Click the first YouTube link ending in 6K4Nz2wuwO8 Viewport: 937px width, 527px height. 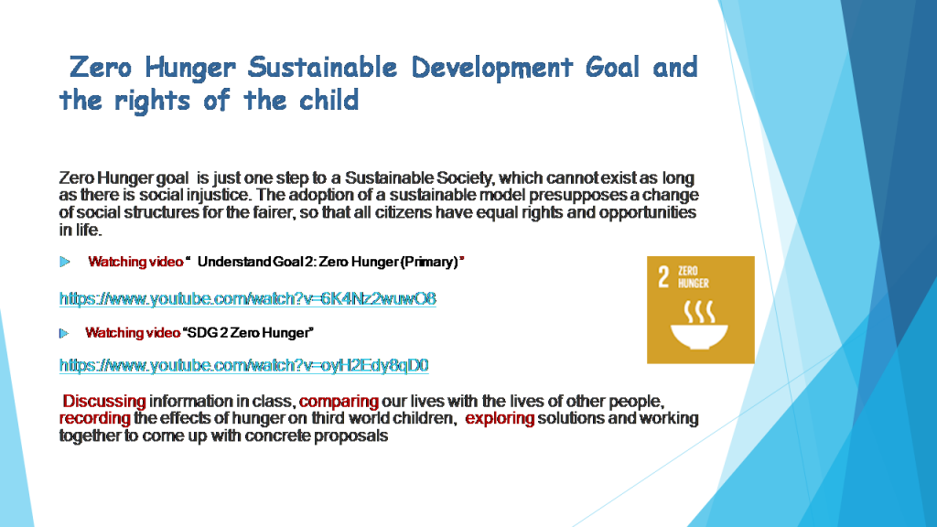(x=247, y=298)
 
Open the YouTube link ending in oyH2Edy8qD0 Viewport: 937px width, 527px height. (x=243, y=365)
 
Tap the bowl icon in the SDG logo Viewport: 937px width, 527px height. (x=701, y=334)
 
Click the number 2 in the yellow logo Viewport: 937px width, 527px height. (x=664, y=278)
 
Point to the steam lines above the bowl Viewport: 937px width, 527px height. (x=701, y=305)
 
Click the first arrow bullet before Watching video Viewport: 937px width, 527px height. (x=65, y=263)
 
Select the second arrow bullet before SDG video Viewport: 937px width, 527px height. (x=65, y=332)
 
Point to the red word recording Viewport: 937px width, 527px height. (x=94, y=418)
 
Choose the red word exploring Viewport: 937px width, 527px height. (x=500, y=418)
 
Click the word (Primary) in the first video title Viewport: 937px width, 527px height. (x=428, y=263)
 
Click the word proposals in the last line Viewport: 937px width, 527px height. (x=355, y=436)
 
